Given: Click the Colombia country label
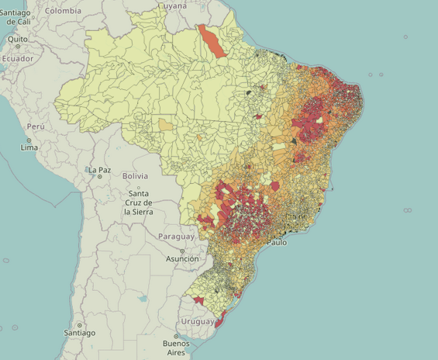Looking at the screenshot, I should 63,11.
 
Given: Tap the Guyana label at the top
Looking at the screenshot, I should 173,5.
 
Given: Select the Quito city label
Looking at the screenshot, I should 18,39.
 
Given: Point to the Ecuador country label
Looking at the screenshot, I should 17,59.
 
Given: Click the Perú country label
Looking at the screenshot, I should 36,126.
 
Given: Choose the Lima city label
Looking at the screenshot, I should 29,147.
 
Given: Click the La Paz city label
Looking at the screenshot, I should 99,170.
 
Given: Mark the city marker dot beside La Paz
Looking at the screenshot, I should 100,177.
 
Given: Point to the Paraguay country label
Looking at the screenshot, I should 177,236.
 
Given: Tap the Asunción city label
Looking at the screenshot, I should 182,258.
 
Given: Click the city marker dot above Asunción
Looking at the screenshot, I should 183,251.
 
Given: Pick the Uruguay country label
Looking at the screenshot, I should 197,321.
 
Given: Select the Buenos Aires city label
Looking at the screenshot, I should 176,348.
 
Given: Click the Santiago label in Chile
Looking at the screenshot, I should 80,333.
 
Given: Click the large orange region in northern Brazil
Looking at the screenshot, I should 212,40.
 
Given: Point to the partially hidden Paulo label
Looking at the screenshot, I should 276,243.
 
